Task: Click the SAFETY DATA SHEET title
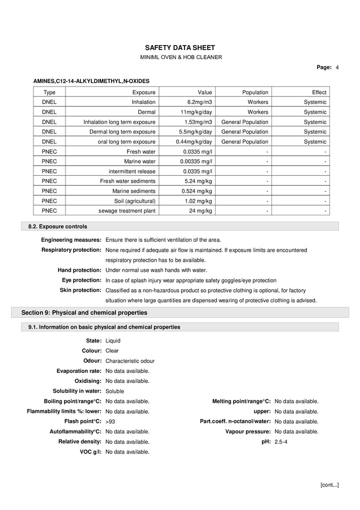coord(180,48)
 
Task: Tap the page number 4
coord(337,67)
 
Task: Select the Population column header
coord(255,92)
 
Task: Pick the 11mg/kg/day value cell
coord(196,112)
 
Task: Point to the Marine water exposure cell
coord(139,161)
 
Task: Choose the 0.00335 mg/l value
coord(196,161)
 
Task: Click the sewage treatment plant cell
coord(127,211)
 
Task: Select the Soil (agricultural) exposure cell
coord(135,201)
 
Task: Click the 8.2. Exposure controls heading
coord(57,227)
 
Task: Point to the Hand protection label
coord(79,270)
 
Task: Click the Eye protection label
coord(81,280)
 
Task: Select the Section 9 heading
coord(84,313)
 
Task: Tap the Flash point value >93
coord(110,422)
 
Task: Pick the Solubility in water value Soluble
coord(114,391)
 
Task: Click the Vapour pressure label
coord(248,431)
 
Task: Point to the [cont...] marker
coord(329,484)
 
